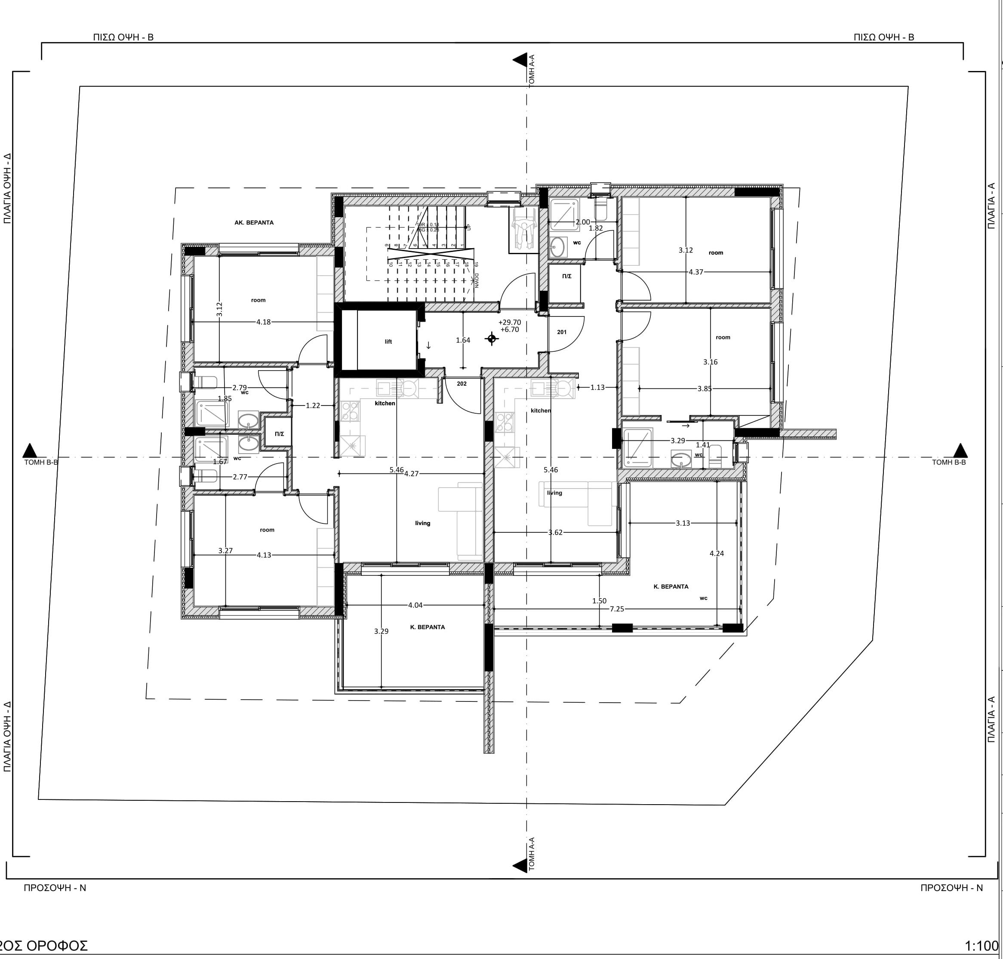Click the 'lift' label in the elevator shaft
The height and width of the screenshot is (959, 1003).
pyautogui.click(x=388, y=341)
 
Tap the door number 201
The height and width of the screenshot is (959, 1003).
pyautogui.click(x=561, y=332)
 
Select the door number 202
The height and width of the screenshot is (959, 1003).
pyautogui.click(x=461, y=384)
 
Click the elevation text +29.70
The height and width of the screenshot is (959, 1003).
pyautogui.click(x=510, y=322)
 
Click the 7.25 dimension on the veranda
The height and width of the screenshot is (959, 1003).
pyautogui.click(x=616, y=609)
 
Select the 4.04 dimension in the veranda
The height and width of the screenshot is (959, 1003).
pyautogui.click(x=415, y=605)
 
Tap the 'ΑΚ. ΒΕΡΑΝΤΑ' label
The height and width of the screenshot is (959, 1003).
pyautogui.click(x=254, y=223)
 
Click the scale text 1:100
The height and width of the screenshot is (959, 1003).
pyautogui.click(x=981, y=946)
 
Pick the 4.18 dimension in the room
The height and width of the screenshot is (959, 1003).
pyautogui.click(x=263, y=322)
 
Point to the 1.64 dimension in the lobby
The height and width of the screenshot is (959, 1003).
pyautogui.click(x=463, y=340)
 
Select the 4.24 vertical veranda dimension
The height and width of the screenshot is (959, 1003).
pyautogui.click(x=717, y=553)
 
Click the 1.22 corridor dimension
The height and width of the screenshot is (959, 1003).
pyautogui.click(x=313, y=406)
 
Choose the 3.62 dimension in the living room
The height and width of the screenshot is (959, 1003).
pyautogui.click(x=555, y=532)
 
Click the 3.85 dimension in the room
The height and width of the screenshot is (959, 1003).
pyautogui.click(x=705, y=388)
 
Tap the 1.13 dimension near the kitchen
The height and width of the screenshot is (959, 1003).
pyautogui.click(x=597, y=387)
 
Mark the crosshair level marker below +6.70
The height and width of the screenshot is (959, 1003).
pyautogui.click(x=492, y=338)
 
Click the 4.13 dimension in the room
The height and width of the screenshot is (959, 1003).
pyautogui.click(x=264, y=555)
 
